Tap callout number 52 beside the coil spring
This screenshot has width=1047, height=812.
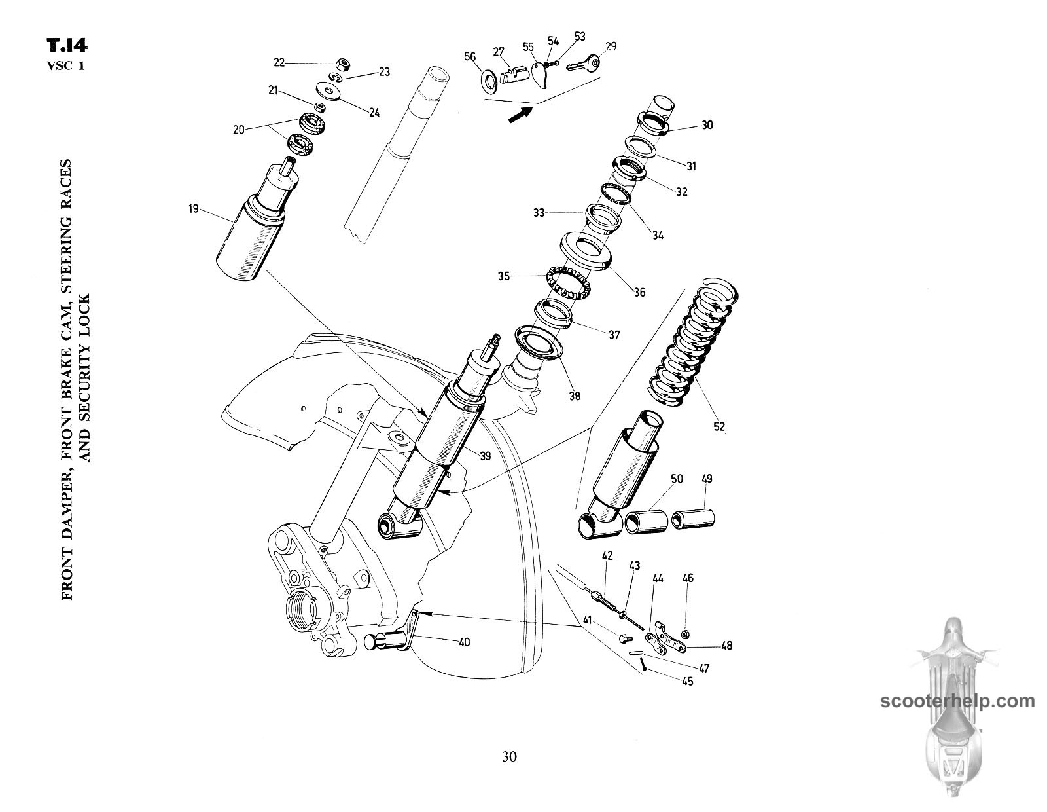(x=719, y=426)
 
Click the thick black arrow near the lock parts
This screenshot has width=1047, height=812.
(x=520, y=115)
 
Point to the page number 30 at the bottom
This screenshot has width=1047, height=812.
(x=510, y=756)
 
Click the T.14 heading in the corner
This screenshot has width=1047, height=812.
(x=67, y=46)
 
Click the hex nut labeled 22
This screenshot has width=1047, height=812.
(x=340, y=64)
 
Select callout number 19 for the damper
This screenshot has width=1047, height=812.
(x=193, y=210)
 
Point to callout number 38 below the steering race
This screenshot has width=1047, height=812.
(x=574, y=396)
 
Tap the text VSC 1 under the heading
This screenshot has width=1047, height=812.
(x=65, y=65)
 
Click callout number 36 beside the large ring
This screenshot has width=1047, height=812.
(x=639, y=292)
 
